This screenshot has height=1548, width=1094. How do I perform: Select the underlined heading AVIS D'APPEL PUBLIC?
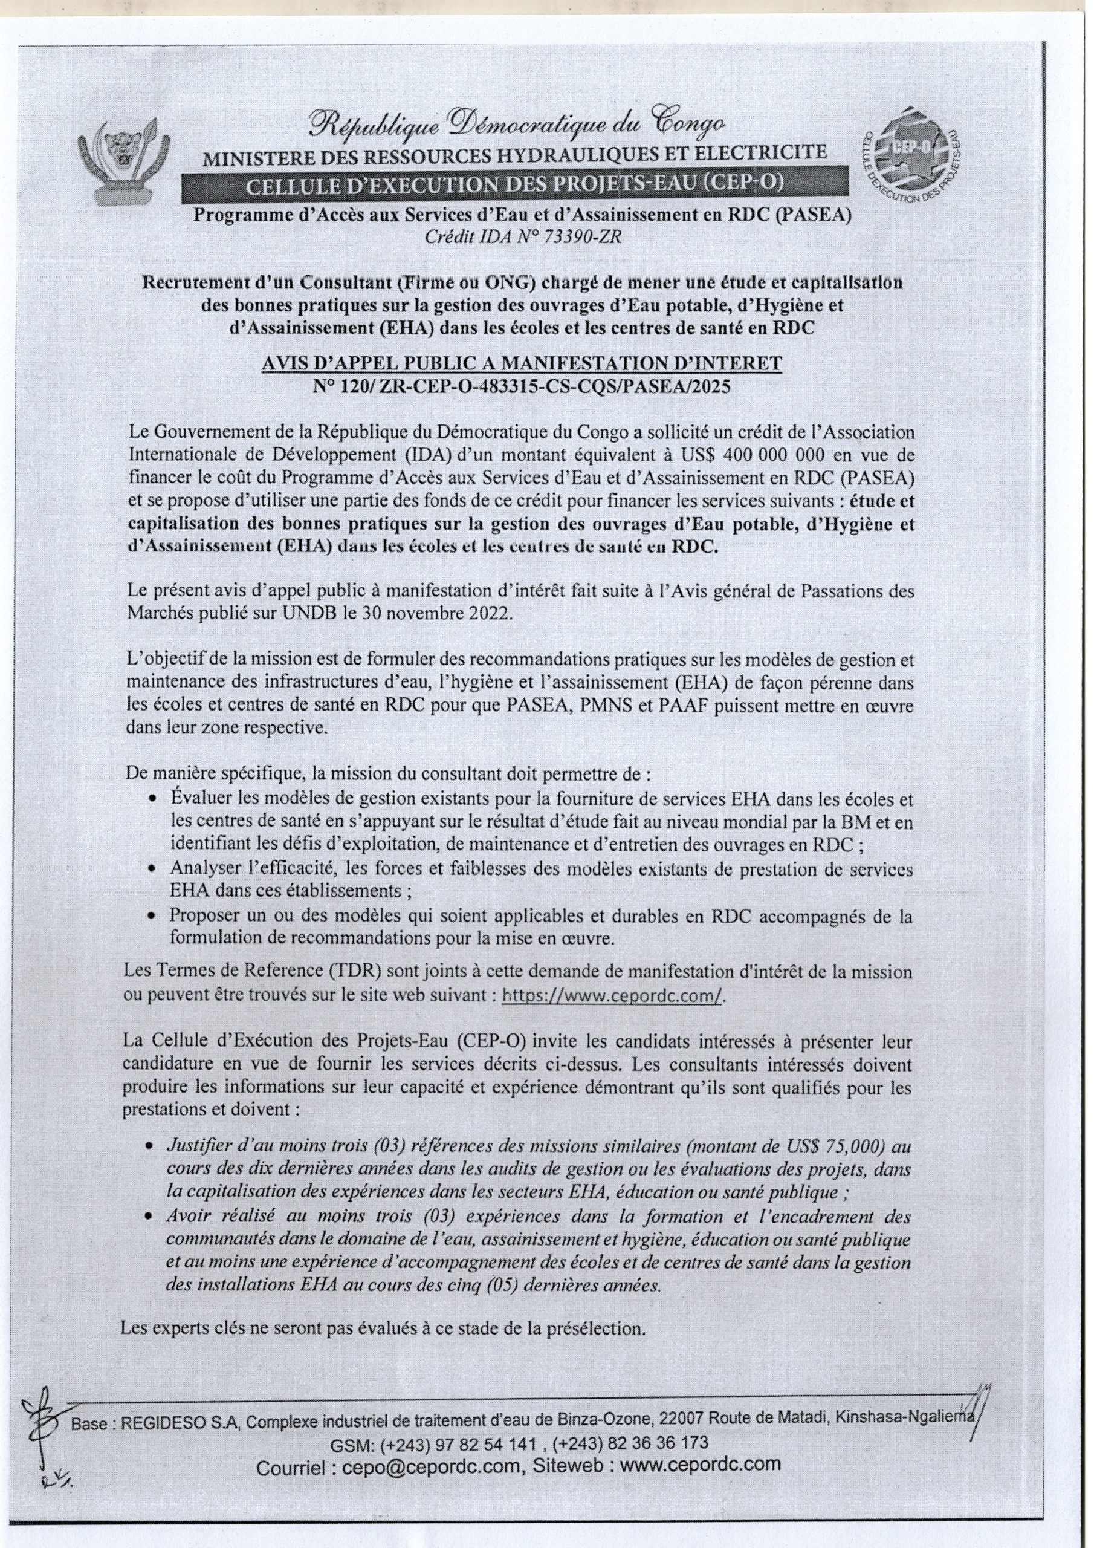(521, 364)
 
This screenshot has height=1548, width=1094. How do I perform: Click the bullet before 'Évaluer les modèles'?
(153, 800)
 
